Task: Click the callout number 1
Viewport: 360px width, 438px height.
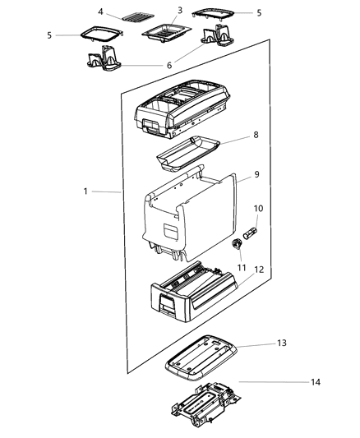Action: tap(86, 191)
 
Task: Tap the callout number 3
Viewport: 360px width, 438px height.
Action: tap(179, 10)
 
